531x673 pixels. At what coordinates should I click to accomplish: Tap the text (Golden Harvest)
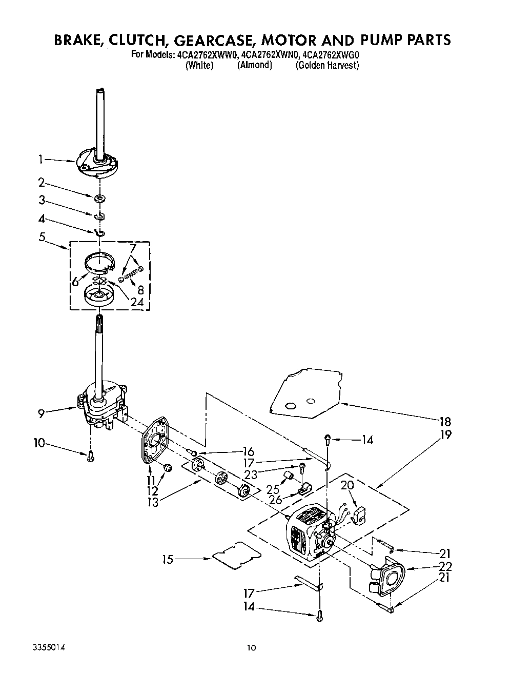click(327, 66)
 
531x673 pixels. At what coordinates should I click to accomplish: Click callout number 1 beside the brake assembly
click(40, 160)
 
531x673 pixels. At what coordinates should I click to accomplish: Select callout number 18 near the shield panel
click(445, 422)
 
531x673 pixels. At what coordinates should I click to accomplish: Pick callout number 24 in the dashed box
click(136, 302)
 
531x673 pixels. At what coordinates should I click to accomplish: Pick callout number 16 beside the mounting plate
click(248, 451)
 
